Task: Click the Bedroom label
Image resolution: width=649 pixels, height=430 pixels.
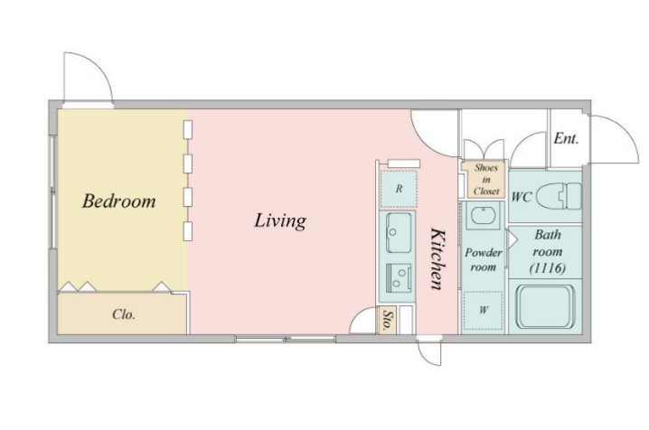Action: [118, 201]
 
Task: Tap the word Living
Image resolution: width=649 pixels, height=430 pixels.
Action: [280, 220]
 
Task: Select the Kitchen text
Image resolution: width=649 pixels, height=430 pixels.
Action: [437, 258]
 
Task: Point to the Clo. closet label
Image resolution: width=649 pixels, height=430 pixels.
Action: [124, 314]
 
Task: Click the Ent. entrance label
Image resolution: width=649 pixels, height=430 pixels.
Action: [566, 138]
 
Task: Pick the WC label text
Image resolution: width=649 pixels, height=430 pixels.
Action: [522, 197]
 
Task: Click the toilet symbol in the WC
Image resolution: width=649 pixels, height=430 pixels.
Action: [559, 195]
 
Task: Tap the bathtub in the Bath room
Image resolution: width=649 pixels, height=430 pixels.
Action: [546, 306]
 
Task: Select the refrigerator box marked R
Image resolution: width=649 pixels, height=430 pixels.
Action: [399, 189]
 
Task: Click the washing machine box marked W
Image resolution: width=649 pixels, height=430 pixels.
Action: [483, 310]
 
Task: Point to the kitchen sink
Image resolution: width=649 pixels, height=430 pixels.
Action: [399, 233]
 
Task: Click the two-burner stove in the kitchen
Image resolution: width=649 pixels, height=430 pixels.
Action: [399, 276]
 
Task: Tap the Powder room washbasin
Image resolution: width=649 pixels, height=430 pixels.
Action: [484, 215]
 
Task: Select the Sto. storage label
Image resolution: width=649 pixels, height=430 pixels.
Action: [387, 320]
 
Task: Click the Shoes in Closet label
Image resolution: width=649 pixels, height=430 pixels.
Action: [486, 180]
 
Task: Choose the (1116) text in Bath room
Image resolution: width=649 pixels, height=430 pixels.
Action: [547, 268]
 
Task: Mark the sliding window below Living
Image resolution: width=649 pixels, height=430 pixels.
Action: [285, 339]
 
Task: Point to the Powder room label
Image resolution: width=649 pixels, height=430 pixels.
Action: [483, 259]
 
